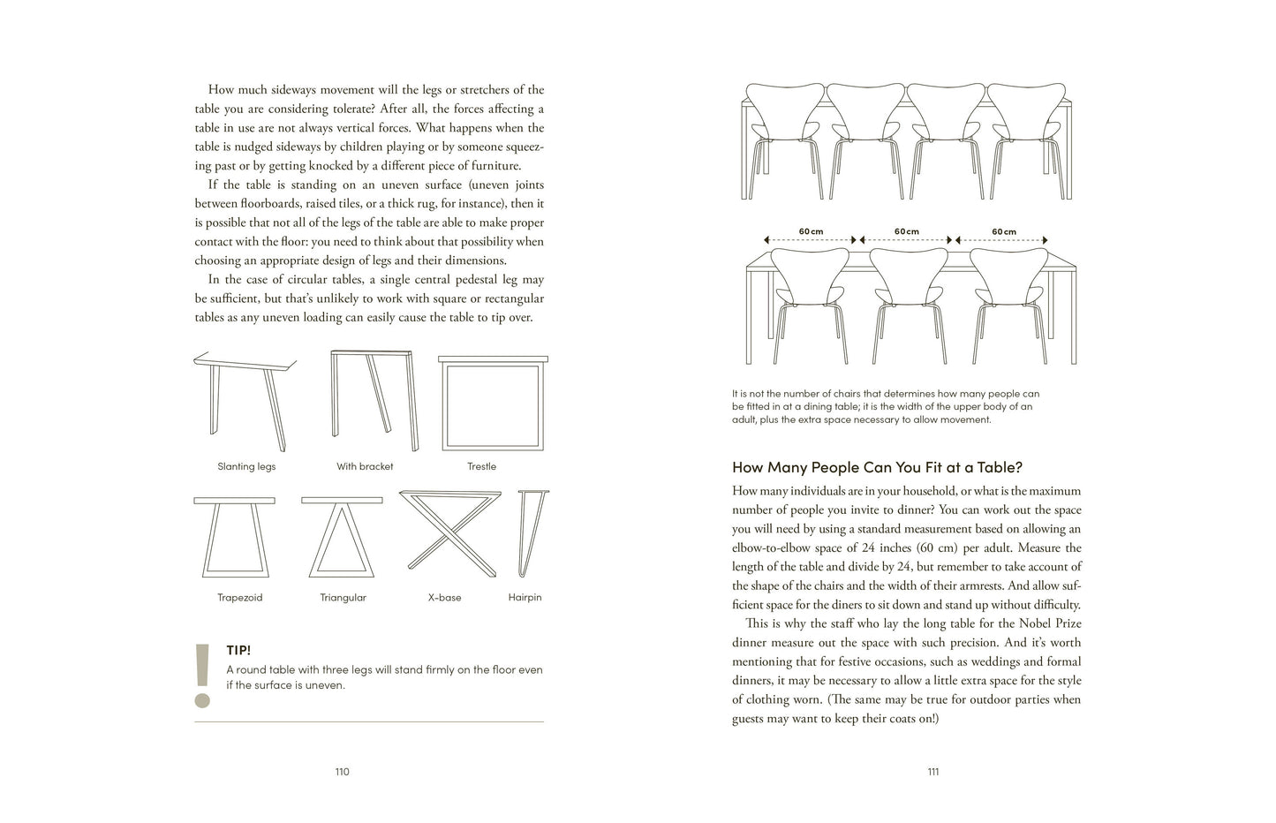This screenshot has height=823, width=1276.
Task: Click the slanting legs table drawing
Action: (x=244, y=397)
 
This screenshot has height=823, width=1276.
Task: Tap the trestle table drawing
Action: (x=493, y=402)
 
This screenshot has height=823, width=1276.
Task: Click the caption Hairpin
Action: (x=525, y=598)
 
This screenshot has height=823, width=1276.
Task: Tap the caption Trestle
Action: (x=481, y=466)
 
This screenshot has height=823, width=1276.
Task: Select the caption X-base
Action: (x=444, y=598)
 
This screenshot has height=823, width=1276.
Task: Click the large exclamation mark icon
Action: (x=202, y=676)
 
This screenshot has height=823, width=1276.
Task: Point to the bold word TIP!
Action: (x=238, y=651)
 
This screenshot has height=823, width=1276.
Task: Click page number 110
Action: (x=342, y=772)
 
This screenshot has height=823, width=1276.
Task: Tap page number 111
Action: (x=932, y=772)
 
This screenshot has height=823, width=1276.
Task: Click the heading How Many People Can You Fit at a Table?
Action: (x=877, y=468)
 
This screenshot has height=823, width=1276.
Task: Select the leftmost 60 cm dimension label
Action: (x=811, y=231)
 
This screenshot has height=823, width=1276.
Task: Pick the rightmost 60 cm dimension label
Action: (x=1003, y=231)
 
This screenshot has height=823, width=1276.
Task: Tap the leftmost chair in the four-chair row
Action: (x=785, y=137)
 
